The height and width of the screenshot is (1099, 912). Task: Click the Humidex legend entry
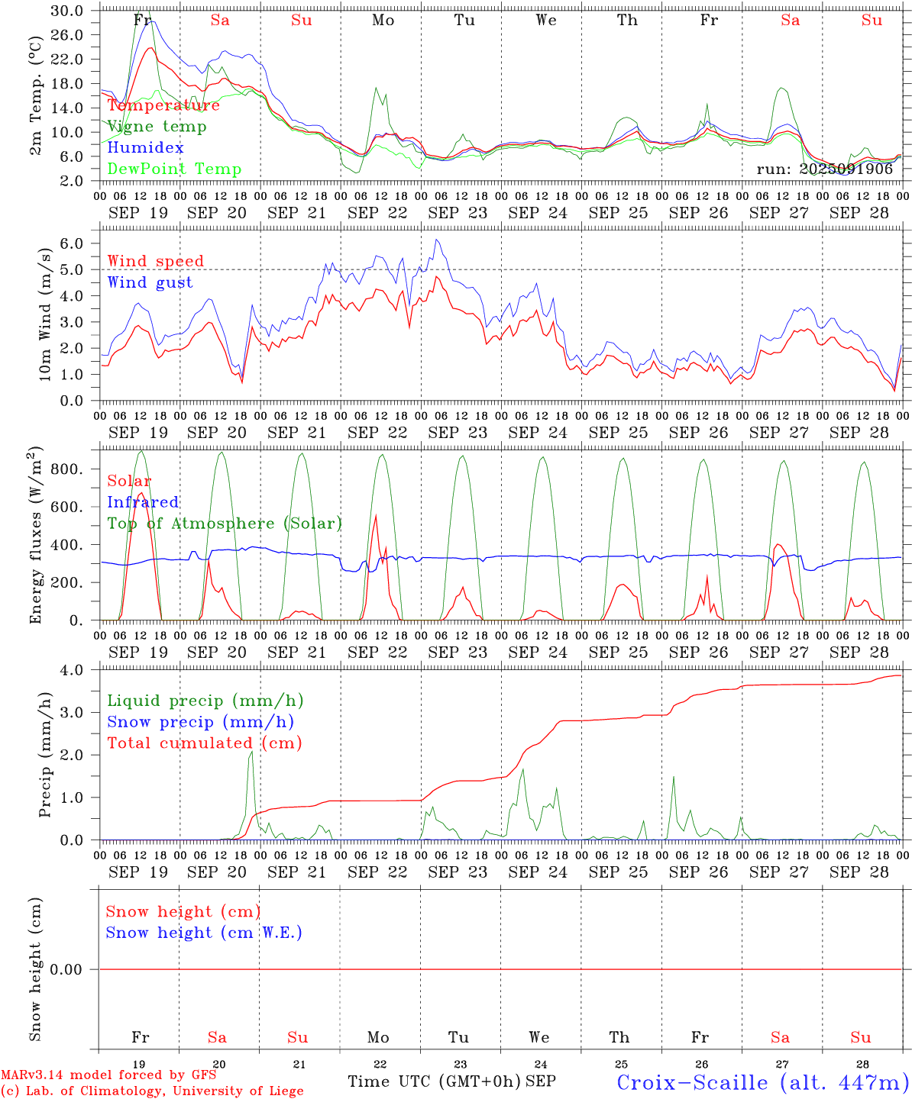145,148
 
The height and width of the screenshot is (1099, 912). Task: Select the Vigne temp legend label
157,127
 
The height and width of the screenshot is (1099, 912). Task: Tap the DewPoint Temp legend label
174,169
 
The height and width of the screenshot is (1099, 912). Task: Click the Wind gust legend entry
150,282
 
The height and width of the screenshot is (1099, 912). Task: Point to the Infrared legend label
143,502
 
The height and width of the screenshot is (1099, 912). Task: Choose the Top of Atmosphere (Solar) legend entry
225,524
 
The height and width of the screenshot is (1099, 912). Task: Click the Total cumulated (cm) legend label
204,743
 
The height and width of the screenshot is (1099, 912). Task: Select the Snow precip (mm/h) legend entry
200,722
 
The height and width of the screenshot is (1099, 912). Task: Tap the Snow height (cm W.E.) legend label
204,933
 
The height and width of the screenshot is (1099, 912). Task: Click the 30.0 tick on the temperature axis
68,11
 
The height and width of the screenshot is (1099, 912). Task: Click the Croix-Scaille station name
763,1082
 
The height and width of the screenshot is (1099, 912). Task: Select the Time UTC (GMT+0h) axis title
433,1081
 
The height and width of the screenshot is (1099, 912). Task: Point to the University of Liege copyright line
152,1091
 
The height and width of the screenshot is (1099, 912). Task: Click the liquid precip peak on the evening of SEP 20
251,752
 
